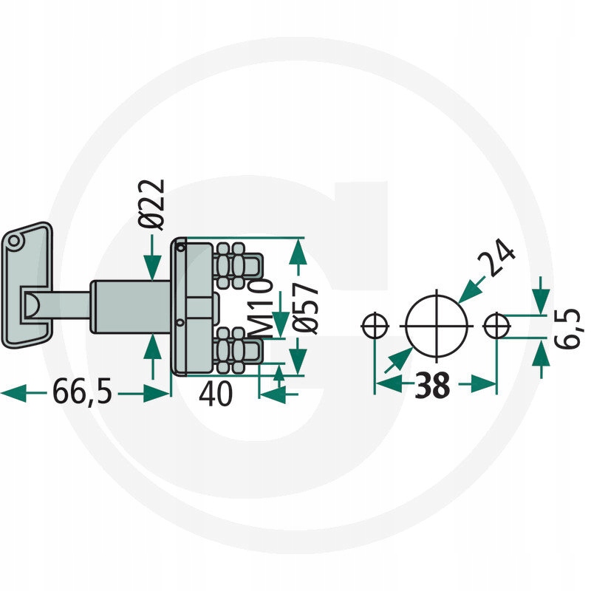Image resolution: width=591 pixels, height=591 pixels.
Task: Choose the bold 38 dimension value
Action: [x=432, y=385]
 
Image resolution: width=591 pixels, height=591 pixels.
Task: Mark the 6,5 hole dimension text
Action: [x=570, y=328]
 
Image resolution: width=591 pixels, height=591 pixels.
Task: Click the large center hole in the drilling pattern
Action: [x=437, y=325]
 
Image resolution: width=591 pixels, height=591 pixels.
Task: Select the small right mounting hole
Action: [x=497, y=325]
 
